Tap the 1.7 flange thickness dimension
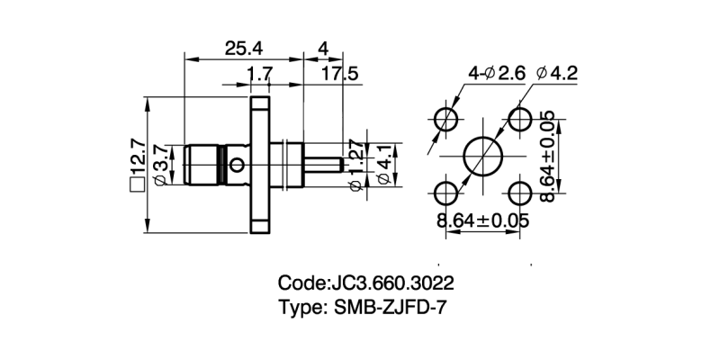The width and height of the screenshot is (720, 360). [x=259, y=73]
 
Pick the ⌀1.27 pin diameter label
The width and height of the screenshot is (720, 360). [x=355, y=166]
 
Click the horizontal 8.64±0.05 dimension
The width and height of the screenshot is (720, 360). [x=483, y=220]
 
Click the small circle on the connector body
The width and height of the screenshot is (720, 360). [x=237, y=165]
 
